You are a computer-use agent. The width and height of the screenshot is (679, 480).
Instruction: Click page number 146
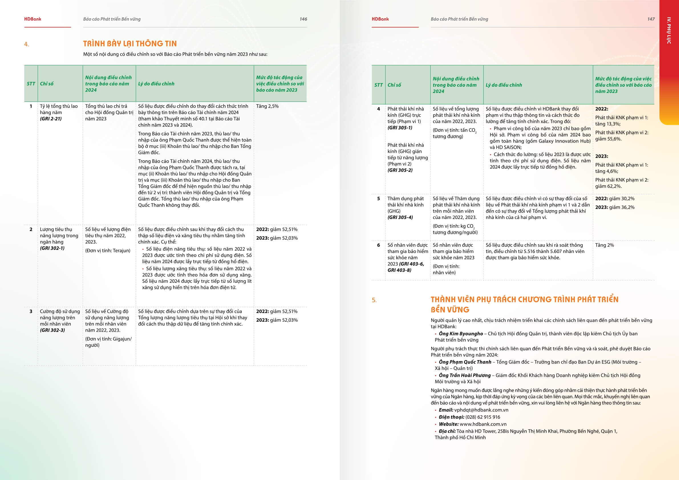coord(303,19)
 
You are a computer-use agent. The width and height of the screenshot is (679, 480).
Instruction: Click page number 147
coord(650,19)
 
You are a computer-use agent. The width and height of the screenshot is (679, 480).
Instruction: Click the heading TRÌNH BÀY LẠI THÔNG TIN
coord(130,44)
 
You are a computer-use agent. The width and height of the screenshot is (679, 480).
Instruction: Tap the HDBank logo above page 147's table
coord(380,19)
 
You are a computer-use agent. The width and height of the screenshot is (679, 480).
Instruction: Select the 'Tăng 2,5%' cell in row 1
coord(267,106)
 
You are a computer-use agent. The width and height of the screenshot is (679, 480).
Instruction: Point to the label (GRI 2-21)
coord(51,119)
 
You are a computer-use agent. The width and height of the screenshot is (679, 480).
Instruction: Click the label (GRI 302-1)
coord(52,248)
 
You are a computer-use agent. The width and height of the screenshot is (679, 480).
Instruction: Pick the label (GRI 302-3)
coord(52,330)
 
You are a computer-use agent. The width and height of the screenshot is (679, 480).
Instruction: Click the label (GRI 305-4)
coord(400,217)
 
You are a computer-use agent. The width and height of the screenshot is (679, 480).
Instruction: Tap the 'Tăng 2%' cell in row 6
coord(605,245)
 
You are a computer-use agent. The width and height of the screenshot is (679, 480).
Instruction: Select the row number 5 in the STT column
coord(378,199)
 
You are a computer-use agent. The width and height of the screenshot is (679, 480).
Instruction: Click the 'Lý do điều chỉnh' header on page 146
coord(156,84)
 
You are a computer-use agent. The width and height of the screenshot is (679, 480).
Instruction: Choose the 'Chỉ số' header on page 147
coord(394,85)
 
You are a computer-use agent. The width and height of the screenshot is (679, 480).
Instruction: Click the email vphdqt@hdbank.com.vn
coord(481,410)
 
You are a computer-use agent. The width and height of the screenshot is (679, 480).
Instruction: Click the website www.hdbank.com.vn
coord(483,424)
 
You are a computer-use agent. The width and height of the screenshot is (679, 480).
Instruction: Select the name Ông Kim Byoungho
coord(461,334)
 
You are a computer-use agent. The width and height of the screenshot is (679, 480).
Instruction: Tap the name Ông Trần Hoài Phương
coord(465,375)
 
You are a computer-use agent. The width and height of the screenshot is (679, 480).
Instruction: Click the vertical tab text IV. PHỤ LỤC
coord(669,31)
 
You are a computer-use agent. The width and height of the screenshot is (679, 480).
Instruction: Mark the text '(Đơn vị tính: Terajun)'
coord(108,250)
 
